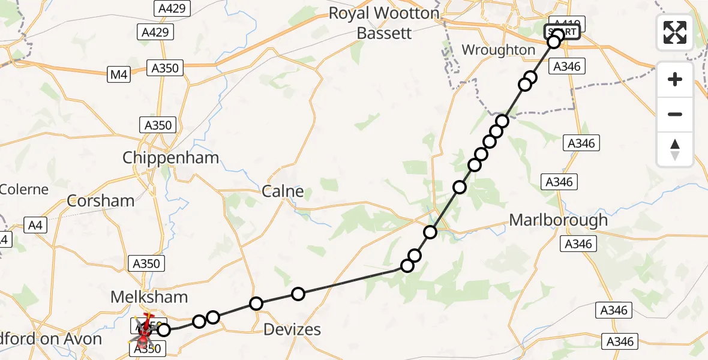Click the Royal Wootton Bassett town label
point(384,23)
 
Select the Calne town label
point(283,191)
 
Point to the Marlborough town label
point(558,220)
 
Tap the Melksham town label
point(149,296)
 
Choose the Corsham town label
point(101,200)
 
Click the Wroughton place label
point(498,50)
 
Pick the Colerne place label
point(24,190)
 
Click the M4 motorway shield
point(119,74)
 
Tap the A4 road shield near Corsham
point(36,226)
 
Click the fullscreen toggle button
point(675,32)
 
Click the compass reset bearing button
point(675,149)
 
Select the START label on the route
point(562,32)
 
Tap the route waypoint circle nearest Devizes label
point(298,293)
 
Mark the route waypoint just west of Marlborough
point(430,232)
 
